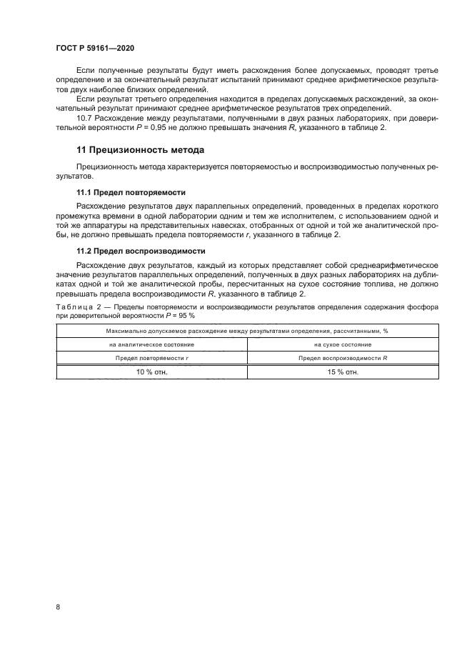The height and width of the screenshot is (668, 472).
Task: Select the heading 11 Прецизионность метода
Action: click(140, 150)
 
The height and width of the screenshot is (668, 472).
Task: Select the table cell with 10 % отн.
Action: click(151, 372)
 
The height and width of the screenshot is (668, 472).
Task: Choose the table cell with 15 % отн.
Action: click(342, 372)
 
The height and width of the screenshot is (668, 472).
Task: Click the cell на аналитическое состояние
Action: click(151, 344)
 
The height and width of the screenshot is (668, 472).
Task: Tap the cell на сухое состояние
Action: click(342, 344)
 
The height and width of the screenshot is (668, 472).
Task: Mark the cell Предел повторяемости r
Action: click(151, 357)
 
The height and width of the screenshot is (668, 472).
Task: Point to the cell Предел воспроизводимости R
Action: click(342, 357)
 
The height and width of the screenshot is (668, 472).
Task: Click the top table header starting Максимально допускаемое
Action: click(246, 331)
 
